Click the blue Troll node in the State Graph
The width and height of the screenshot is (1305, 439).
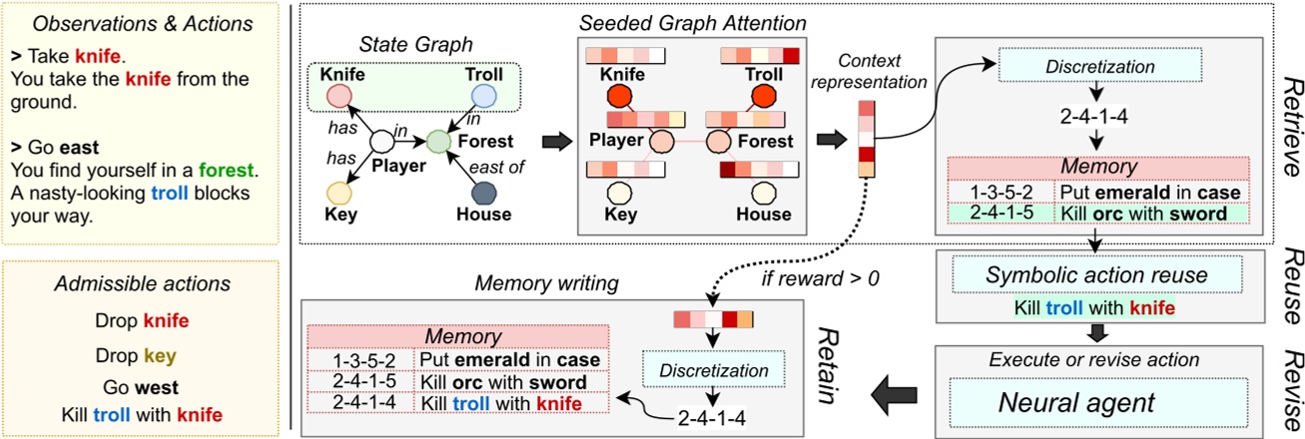point(483,95)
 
